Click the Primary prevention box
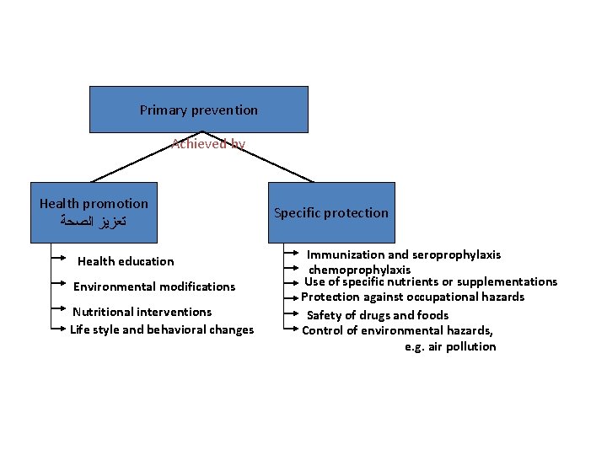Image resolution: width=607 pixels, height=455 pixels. tap(199, 110)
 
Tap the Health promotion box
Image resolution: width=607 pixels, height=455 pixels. tap(94, 212)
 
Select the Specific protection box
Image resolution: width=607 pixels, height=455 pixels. tap(331, 212)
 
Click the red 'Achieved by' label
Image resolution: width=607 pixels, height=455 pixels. tap(208, 144)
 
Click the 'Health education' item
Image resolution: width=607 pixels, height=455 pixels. tap(126, 261)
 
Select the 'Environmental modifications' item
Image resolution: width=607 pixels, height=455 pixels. tap(154, 286)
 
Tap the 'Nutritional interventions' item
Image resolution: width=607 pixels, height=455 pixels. tap(142, 312)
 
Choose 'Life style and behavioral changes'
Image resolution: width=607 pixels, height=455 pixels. tap(162, 329)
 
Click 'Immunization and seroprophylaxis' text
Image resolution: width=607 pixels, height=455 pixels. tap(403, 254)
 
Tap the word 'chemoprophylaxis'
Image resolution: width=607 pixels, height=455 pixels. tap(360, 270)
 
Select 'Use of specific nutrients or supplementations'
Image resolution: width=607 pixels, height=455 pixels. tap(430, 281)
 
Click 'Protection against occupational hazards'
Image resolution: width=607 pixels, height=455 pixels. tap(413, 297)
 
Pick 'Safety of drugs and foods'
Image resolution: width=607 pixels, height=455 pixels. tap(377, 315)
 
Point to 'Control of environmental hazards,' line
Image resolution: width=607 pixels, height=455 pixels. tap(398, 330)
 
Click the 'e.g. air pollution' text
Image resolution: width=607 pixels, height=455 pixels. tap(450, 346)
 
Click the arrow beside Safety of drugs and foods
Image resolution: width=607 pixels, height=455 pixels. tap(293, 314)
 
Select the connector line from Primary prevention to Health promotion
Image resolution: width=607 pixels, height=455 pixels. tap(148, 157)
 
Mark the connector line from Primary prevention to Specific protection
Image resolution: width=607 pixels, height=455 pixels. tap(257, 157)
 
